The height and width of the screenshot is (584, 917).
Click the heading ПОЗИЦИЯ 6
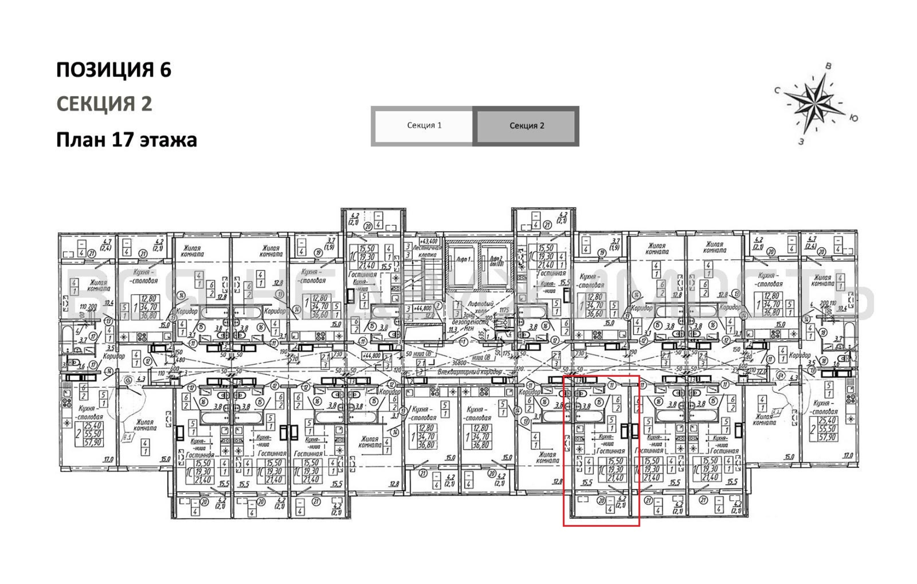[x=113, y=70]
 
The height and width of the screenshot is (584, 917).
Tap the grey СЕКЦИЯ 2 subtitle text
[x=104, y=104]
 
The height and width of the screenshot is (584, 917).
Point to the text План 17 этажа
[x=127, y=140]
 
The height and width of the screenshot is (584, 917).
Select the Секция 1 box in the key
[x=424, y=126]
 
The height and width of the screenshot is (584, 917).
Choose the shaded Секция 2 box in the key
[x=527, y=126]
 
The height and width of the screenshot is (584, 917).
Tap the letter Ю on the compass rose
[x=854, y=118]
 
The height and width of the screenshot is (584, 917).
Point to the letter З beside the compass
[x=801, y=142]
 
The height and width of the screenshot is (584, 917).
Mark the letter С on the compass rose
[x=777, y=91]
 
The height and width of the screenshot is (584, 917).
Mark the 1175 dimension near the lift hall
[x=504, y=310]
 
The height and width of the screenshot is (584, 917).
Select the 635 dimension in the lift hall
[x=482, y=334]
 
